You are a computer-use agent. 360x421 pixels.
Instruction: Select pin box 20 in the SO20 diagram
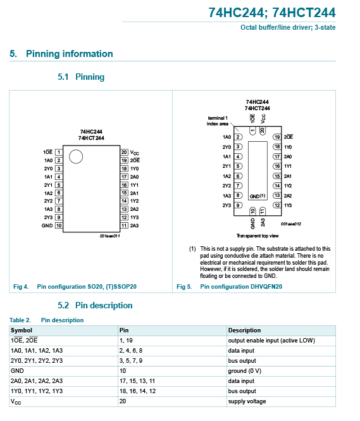pos(124,152)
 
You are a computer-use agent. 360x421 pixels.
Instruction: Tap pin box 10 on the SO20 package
pos(59,225)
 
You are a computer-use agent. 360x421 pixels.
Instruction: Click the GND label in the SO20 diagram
pos(47,225)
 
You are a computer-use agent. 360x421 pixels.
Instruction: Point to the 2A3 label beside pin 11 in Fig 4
pos(134,225)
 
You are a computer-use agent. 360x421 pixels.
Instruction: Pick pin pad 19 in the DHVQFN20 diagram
pos(277,137)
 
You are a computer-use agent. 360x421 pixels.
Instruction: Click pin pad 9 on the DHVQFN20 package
pos(238,205)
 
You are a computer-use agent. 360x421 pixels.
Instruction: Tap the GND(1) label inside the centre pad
pos(258,196)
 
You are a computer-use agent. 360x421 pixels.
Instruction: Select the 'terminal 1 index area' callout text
pos(218,121)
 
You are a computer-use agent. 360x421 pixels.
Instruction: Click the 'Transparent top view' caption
pos(258,236)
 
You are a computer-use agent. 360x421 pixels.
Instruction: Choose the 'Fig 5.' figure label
pos(184,287)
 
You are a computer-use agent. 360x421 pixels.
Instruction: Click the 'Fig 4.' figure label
pos(21,287)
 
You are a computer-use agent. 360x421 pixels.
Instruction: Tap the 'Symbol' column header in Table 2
pos(22,330)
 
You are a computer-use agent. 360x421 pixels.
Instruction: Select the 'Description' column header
pos(244,330)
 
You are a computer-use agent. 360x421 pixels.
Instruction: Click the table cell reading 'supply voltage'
pos(247,401)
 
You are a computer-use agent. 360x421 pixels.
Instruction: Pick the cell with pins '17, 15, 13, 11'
pos(137,381)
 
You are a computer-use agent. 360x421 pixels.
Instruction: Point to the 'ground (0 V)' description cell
pos(245,371)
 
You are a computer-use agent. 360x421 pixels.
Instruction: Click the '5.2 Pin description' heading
pos(95,305)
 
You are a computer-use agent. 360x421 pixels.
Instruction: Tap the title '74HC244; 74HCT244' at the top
pos(272,13)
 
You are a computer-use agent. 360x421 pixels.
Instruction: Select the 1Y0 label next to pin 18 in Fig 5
pos(288,147)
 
